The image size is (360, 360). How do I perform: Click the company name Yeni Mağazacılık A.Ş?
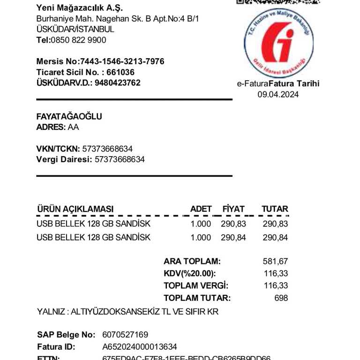pos(80,8)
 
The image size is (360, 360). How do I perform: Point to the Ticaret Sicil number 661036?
pos(120,72)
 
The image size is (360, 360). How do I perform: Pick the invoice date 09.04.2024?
pos(278,94)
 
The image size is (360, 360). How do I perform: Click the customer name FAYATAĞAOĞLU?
pos(69,117)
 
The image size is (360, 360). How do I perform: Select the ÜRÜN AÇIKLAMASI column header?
pos(75,209)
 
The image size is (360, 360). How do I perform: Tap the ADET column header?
pos(201,209)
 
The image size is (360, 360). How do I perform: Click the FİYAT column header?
pos(233,209)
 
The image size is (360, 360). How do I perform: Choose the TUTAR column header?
pos(275,209)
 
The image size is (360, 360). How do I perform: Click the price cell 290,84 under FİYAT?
pos(233,238)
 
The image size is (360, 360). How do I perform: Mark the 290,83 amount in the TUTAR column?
pos(275,224)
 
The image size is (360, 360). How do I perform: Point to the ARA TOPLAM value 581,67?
pos(276,262)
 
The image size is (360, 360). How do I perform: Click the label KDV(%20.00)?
pos(189,274)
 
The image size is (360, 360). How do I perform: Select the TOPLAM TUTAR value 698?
pos(281,298)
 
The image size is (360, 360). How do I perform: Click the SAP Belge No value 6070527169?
pos(125,335)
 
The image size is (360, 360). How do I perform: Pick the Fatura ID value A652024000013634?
pos(140,347)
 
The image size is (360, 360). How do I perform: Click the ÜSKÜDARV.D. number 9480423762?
pos(118,83)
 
